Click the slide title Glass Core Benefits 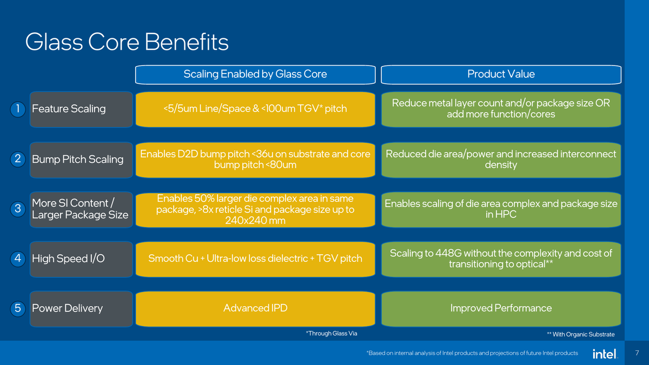(x=127, y=42)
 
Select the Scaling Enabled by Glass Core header (x=255, y=74)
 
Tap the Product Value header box (x=501, y=74)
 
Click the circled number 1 (x=18, y=109)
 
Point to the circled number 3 (x=18, y=209)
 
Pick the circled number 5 (x=18, y=308)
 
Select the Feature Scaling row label (x=69, y=109)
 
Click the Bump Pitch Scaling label (x=77, y=159)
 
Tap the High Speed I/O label (x=68, y=258)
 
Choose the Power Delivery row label (x=67, y=308)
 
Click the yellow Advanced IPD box (x=255, y=308)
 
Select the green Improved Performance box (x=501, y=308)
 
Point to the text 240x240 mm (x=255, y=221)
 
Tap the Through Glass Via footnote (x=332, y=333)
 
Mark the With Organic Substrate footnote (x=581, y=334)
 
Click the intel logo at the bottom (x=604, y=354)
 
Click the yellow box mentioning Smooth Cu (x=255, y=258)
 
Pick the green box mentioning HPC (x=501, y=209)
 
